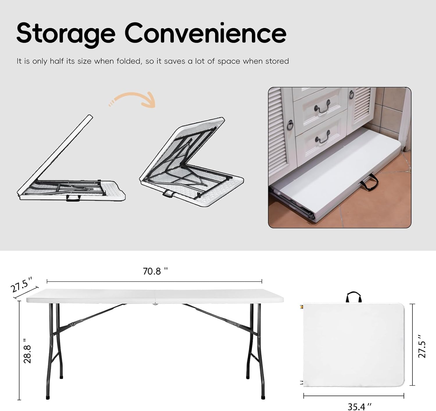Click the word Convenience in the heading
coord(206,33)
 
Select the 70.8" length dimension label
coord(155,271)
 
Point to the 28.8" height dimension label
coord(27,351)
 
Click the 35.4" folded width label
coord(359,406)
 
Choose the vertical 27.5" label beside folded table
coord(422,346)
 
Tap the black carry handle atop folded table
coord(353,297)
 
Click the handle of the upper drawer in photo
coord(322,107)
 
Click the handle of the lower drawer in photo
coord(323,137)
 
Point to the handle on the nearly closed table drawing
coord(73,198)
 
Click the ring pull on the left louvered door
coord(290,125)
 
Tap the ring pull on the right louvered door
coord(351,94)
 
